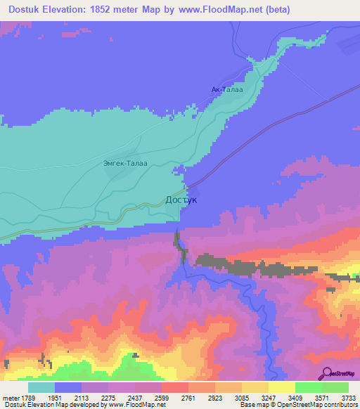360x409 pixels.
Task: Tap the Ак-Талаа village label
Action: tap(226, 89)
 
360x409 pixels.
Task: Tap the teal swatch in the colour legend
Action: tap(41, 387)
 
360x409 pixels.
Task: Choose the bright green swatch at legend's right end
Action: tap(335, 387)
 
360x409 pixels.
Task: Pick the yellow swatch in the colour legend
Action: tap(282, 387)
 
